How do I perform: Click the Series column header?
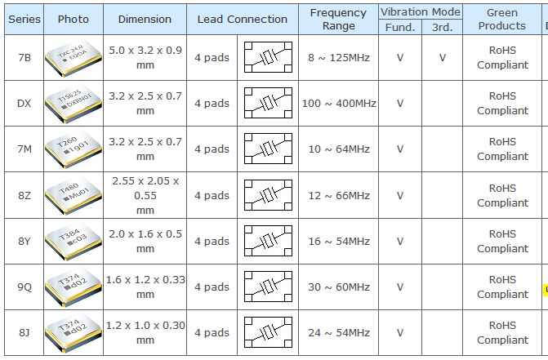tap(25, 20)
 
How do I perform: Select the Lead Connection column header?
tap(243, 20)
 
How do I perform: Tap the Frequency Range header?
tap(338, 20)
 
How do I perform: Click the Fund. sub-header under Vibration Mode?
tap(400, 27)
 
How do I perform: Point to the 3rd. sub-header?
tap(442, 27)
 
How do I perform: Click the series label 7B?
tap(25, 58)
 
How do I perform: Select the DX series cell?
tap(25, 104)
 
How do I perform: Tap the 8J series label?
tap(25, 333)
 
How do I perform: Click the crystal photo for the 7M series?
tap(74, 149)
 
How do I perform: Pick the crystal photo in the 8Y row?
tap(74, 242)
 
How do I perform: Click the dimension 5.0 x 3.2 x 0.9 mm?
tap(145, 58)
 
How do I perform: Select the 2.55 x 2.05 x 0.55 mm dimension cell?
tap(145, 196)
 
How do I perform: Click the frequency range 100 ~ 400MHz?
tap(339, 104)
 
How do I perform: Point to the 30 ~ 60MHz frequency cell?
tap(339, 287)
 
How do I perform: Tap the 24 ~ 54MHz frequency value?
tap(339, 333)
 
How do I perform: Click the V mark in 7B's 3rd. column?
tap(443, 58)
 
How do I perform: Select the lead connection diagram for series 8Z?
tap(268, 195)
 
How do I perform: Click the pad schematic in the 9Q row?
tap(268, 287)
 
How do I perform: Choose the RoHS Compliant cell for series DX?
tap(502, 104)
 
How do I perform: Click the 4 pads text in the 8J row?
tap(212, 333)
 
